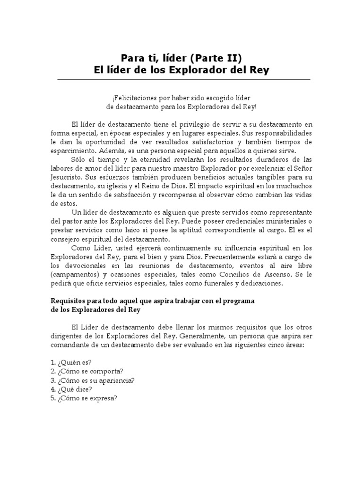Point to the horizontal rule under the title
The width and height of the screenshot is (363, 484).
point(183,79)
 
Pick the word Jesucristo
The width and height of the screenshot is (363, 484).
point(66,178)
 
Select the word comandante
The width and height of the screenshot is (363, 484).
point(70,345)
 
